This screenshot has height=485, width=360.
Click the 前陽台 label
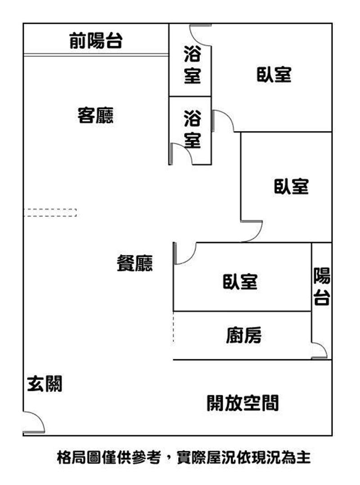point(96,41)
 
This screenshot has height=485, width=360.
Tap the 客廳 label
point(95,115)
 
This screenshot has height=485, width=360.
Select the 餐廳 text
point(135,263)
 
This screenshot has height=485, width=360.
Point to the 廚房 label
point(243,335)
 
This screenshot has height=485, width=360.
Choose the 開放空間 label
point(243,403)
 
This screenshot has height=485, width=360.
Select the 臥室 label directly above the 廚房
point(240,282)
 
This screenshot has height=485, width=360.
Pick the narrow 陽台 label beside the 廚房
point(322,286)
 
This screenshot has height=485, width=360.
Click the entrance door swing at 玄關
point(34,422)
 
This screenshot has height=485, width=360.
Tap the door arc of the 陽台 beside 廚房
point(319,350)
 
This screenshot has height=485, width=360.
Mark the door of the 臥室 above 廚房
point(184,254)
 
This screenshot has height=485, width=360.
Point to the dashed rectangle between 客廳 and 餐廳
point(50,213)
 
